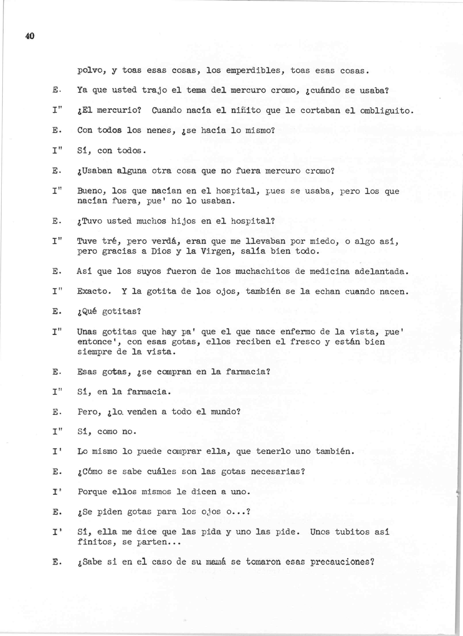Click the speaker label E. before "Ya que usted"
pos(55,91)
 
